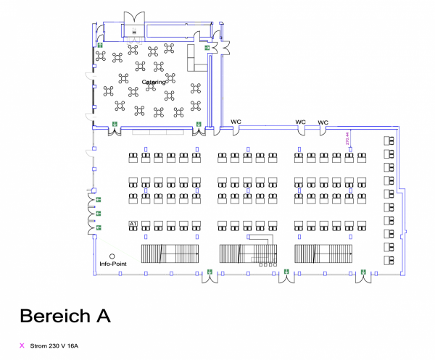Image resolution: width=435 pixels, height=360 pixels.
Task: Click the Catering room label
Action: coord(154,82)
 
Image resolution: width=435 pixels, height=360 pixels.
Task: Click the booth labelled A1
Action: coord(133,225)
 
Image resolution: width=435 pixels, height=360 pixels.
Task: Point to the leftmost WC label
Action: coord(236,122)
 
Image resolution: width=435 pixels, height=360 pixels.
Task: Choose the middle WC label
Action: coord(300,122)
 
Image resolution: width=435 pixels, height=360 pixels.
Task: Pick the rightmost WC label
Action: coord(323,122)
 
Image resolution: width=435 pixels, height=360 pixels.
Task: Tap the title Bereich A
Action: coord(65,317)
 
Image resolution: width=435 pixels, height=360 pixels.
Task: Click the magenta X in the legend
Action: coord(22,346)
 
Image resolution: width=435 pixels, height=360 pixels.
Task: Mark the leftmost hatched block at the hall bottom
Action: coord(170,254)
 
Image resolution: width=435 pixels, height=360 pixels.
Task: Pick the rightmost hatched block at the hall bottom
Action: coord(323,254)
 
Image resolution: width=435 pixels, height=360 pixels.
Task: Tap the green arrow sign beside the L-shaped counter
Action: coord(207,48)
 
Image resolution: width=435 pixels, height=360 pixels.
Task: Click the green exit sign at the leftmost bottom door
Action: coord(209,272)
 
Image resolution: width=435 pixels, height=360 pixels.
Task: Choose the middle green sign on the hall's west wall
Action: coord(98,213)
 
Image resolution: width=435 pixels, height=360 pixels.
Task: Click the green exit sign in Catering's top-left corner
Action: coord(99,45)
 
